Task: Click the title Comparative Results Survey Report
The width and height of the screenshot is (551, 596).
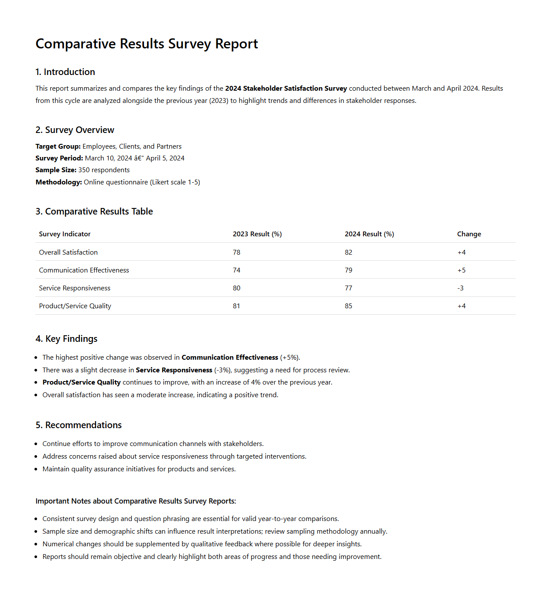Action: click(x=147, y=44)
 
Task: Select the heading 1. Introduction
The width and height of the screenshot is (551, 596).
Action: click(x=65, y=72)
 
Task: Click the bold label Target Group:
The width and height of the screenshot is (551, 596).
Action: click(x=58, y=146)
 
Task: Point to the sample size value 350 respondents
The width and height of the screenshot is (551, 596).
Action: click(x=104, y=170)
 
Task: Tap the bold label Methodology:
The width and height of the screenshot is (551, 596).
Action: click(x=58, y=182)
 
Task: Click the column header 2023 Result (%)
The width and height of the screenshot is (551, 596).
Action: click(x=257, y=234)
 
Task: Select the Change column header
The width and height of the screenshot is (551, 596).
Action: click(x=469, y=234)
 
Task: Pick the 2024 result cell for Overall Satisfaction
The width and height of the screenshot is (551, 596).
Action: click(x=348, y=252)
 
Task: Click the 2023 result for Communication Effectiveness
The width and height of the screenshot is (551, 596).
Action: click(x=236, y=270)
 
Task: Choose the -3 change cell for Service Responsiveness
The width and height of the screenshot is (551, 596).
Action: click(x=460, y=288)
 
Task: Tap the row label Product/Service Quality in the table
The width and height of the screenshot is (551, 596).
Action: click(x=75, y=306)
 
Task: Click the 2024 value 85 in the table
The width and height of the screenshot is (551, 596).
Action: click(x=348, y=306)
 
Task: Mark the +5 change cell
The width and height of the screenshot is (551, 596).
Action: click(x=461, y=270)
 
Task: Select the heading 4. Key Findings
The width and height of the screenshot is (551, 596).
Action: click(x=66, y=339)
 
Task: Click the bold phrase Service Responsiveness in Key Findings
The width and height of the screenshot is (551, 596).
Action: click(x=174, y=370)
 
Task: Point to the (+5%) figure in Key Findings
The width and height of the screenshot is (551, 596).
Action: click(x=290, y=358)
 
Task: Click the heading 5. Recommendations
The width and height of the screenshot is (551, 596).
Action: click(x=79, y=425)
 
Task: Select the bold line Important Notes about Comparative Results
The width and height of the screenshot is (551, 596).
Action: click(x=136, y=501)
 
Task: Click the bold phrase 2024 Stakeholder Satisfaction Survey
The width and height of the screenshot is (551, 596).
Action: click(x=286, y=89)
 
